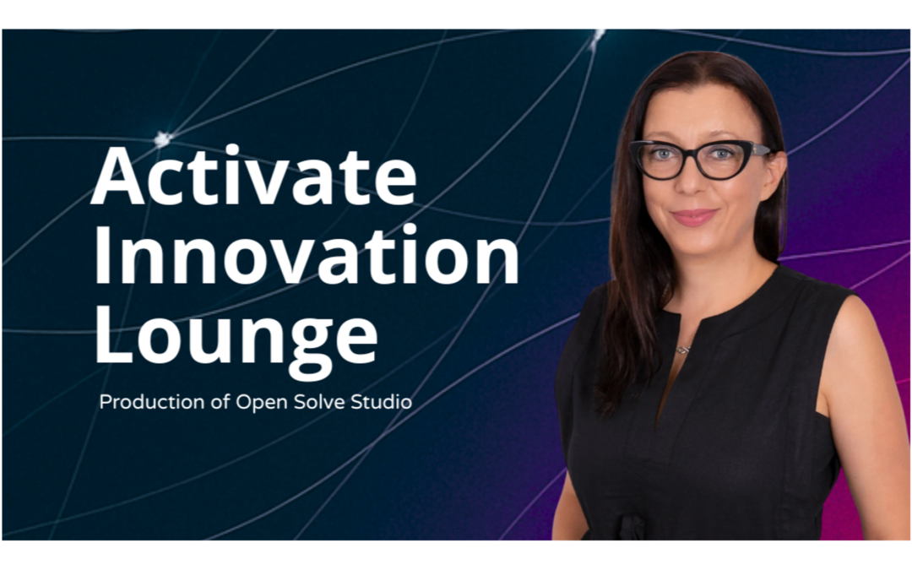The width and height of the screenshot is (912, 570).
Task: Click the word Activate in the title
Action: [253, 176]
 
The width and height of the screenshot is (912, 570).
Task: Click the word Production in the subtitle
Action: [150, 402]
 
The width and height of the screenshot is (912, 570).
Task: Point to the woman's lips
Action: [694, 217]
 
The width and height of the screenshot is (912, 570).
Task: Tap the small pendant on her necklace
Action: [683, 348]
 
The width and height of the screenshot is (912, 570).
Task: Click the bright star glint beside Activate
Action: [162, 138]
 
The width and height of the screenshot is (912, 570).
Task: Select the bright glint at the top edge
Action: [599, 35]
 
